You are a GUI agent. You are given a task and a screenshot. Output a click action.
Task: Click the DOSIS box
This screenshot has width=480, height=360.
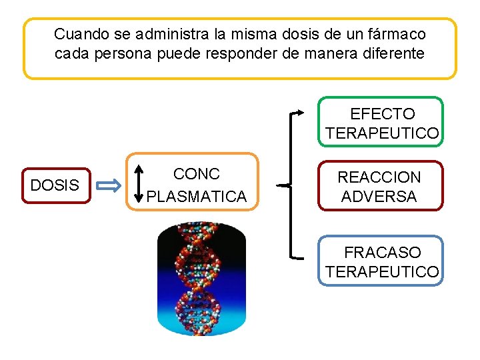(55, 185)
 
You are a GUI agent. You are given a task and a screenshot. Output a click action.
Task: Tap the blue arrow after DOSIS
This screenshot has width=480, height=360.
(109, 185)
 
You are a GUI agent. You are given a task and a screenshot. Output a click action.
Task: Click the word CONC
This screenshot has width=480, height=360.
(196, 174)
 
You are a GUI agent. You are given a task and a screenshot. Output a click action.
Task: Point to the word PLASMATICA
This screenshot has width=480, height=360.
(196, 197)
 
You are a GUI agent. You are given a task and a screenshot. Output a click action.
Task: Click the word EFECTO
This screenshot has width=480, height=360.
(382, 114)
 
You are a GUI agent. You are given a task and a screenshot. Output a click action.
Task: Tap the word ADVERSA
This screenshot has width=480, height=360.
(379, 197)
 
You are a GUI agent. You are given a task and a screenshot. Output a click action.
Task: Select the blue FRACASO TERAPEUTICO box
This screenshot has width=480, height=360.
(381, 261)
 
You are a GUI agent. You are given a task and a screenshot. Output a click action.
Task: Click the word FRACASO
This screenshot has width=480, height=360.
(383, 253)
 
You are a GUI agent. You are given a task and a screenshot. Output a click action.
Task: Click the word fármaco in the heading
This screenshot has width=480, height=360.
(397, 33)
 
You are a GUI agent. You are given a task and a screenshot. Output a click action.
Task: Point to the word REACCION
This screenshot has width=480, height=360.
(379, 177)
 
